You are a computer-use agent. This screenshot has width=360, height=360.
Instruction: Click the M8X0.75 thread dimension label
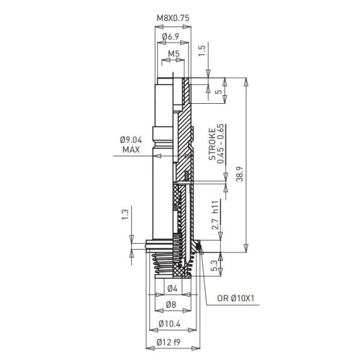(173, 18)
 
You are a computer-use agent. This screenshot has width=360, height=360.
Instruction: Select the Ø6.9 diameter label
(173, 37)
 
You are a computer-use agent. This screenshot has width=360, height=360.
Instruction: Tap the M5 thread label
(173, 54)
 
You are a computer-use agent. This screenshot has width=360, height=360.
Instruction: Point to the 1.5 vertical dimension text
(203, 51)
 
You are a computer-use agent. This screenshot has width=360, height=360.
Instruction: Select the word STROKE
(211, 142)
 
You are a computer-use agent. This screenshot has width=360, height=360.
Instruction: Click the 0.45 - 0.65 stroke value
(220, 143)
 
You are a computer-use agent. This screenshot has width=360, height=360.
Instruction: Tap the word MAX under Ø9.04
(131, 149)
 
